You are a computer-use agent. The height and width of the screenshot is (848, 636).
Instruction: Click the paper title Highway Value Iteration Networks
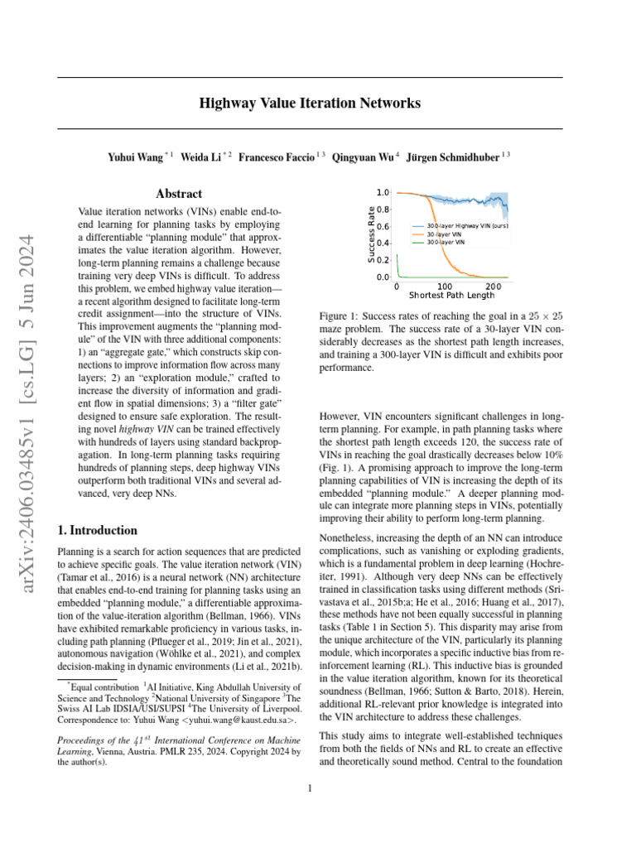click(x=310, y=104)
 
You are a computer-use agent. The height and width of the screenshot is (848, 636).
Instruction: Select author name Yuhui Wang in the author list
click(x=136, y=157)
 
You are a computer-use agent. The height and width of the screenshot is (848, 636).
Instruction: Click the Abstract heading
click(x=179, y=194)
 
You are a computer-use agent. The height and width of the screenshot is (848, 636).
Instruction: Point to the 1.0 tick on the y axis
click(x=383, y=192)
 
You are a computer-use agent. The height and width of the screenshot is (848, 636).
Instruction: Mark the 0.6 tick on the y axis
click(x=383, y=226)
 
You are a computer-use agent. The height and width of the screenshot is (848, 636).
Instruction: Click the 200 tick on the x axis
click(x=494, y=286)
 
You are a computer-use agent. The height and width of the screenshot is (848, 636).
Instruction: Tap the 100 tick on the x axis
click(x=446, y=286)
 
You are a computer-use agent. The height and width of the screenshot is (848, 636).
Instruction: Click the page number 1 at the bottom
click(x=310, y=788)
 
